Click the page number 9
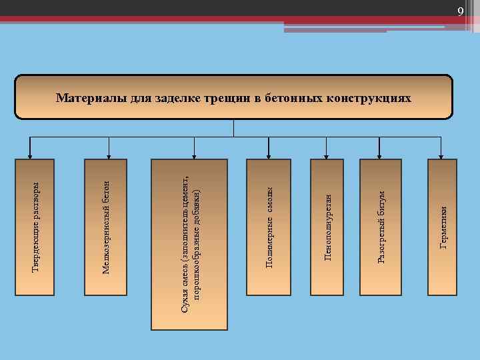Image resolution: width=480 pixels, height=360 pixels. (x=460, y=11)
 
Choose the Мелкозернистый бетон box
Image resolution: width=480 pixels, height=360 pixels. (x=105, y=227)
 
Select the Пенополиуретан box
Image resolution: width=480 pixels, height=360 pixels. (x=327, y=227)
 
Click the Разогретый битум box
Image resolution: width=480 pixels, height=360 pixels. (x=381, y=227)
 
